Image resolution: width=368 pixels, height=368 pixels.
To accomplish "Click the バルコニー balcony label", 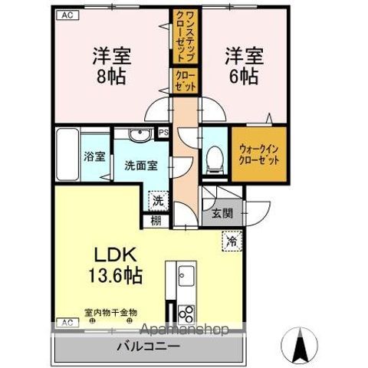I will pos(149,347).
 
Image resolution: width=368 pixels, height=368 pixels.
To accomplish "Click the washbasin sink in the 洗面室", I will pos(139,137).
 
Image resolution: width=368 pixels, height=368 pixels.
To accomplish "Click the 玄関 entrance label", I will pos(222,213).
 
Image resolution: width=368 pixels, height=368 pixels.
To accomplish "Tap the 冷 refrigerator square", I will pos(232,241).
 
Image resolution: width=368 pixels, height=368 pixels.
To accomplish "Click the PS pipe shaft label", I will pos(163,133).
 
